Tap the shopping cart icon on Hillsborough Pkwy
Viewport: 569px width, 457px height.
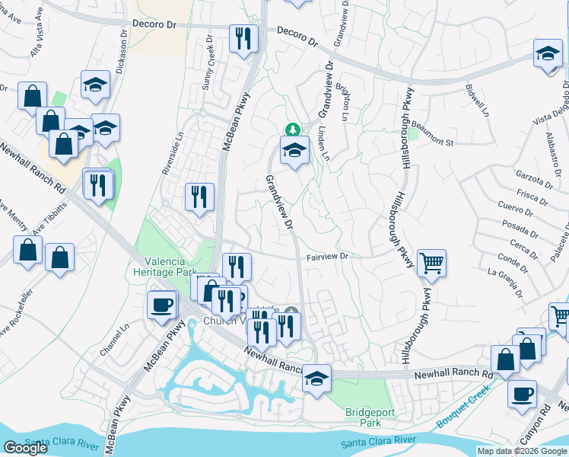point(431,264)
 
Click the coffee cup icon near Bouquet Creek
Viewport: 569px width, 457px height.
point(522,395)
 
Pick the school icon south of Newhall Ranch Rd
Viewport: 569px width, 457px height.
point(316,379)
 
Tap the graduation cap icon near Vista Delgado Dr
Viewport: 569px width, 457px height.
point(547,53)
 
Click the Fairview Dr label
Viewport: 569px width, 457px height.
point(327,257)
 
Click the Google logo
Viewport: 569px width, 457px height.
point(25,448)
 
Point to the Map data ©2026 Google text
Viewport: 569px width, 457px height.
point(522,451)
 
